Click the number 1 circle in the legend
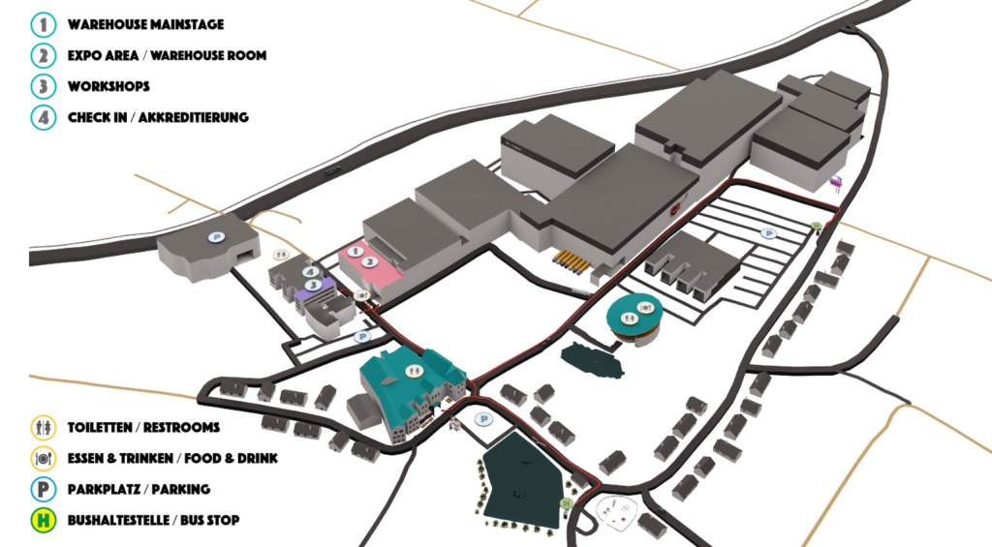coord(43,24)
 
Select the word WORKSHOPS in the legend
coord(108,86)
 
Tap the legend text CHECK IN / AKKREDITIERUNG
coord(158,117)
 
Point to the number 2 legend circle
coord(43,55)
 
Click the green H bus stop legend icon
coord(43,521)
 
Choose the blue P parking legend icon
coord(43,490)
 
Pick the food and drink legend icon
coord(43,459)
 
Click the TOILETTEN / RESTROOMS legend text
coord(143,428)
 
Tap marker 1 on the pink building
coord(356,252)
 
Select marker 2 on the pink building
coord(371,261)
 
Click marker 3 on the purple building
coord(313,286)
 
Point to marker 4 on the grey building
coord(310,272)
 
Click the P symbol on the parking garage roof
coord(216,237)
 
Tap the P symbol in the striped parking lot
coord(768,233)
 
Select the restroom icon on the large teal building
coord(413,371)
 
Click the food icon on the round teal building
coord(644,308)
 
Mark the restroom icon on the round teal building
coord(628,319)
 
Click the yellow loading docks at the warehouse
coord(573,261)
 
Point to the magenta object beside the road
coord(836,183)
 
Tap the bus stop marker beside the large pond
coord(566,502)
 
